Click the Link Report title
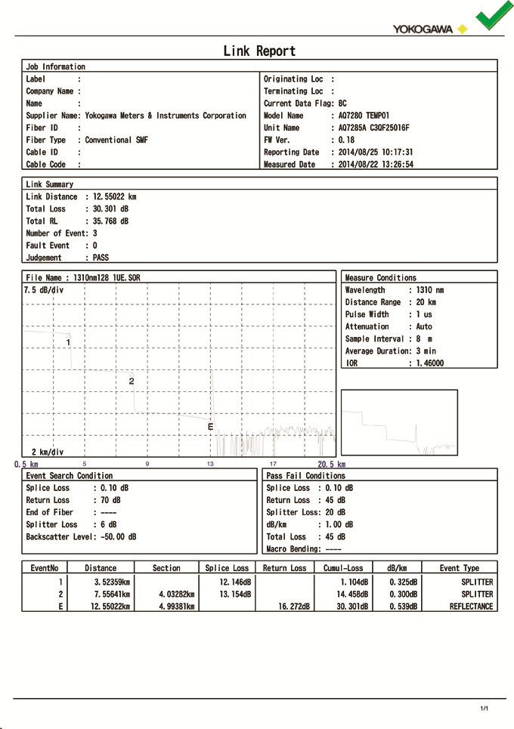pos(259,51)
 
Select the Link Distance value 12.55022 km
pos(111,196)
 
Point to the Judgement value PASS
pos(101,258)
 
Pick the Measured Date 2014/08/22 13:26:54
pos(376,164)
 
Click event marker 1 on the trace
pos(68,342)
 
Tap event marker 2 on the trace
pos(132,381)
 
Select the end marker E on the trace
pos(210,428)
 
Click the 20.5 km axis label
pos(331,464)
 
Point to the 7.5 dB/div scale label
pos(44,290)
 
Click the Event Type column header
pos(460,568)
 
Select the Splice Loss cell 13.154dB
pos(235,595)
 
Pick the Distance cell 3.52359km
pos(112,582)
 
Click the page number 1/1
pos(485,708)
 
